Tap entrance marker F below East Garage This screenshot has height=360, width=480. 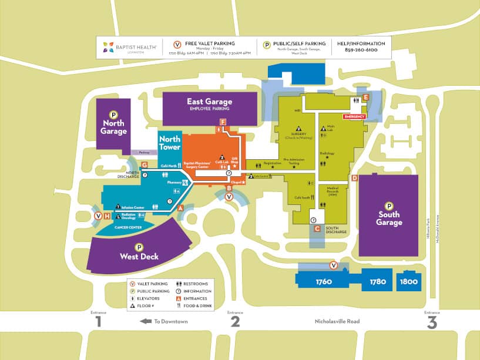click(223, 122)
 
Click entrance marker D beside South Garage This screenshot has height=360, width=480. click(354, 178)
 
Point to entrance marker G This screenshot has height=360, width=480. click(145, 165)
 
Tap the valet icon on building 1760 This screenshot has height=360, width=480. click(334, 265)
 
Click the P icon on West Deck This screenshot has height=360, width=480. click(139, 247)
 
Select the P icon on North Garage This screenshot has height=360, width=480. click(113, 115)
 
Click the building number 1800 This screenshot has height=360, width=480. click(408, 282)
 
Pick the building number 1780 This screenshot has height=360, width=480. click(378, 282)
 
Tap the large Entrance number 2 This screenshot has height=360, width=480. click(235, 322)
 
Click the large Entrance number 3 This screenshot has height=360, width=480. click(432, 322)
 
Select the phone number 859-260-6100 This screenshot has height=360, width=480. click(361, 50)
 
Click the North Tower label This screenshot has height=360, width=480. click(170, 143)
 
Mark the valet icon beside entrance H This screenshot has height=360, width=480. click(98, 216)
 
